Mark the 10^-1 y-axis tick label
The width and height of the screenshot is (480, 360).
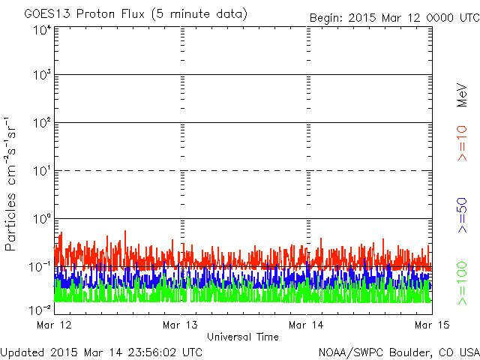click(x=40, y=267)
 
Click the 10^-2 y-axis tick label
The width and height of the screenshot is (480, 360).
click(x=40, y=309)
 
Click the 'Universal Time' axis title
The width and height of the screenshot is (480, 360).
click(x=242, y=337)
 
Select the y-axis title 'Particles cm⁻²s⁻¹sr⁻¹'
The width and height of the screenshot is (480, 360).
click(x=11, y=184)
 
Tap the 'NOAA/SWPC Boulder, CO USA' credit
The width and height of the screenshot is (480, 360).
click(x=398, y=352)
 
